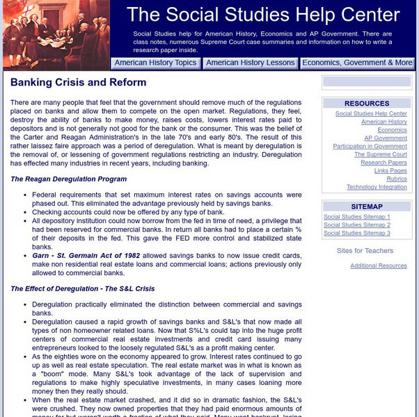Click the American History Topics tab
click(x=155, y=63)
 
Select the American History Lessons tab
click(x=251, y=63)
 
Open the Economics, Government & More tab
click(x=357, y=63)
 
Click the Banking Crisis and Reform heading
click(x=78, y=83)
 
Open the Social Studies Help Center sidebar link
click(x=371, y=114)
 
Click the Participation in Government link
click(x=370, y=147)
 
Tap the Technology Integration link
click(x=377, y=187)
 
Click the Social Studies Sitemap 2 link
click(x=356, y=225)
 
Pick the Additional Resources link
click(x=378, y=265)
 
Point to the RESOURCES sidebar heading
click(x=367, y=104)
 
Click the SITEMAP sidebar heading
click(x=367, y=207)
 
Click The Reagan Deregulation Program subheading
click(x=68, y=179)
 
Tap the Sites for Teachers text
click(x=365, y=251)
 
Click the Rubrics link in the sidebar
click(x=397, y=179)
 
